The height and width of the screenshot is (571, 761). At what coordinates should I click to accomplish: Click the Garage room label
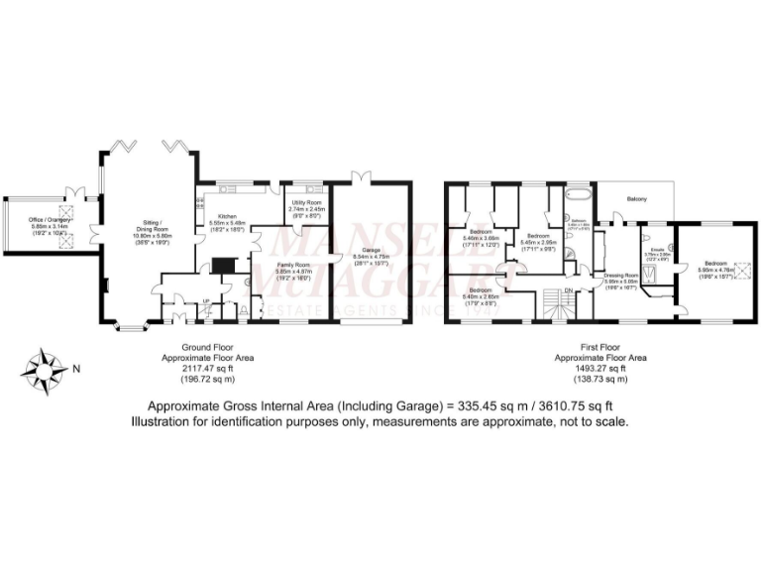tap(372, 250)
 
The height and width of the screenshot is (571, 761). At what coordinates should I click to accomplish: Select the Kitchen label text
tap(227, 215)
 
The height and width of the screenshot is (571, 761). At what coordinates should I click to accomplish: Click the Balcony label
tap(636, 200)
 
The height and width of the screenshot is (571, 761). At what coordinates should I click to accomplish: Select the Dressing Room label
tap(621, 275)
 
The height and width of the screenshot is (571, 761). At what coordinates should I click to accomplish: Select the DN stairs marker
tap(568, 289)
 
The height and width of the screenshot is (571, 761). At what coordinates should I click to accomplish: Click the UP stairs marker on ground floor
tap(205, 301)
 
